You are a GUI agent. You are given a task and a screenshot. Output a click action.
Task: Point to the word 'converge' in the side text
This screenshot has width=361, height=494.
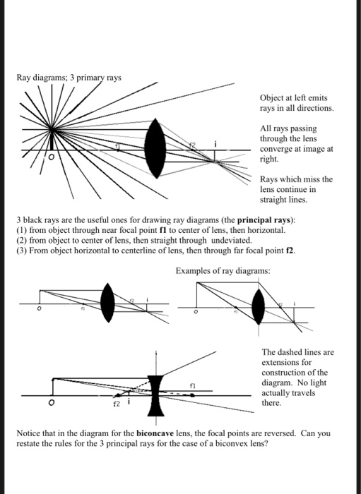pos(278,149)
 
